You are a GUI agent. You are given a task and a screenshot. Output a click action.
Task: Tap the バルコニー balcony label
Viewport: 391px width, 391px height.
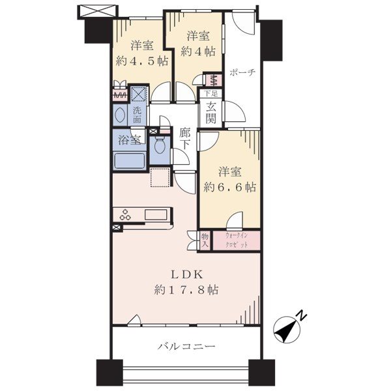pos(186,347)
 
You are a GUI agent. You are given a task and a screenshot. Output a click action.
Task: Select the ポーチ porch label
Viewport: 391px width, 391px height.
pos(242,72)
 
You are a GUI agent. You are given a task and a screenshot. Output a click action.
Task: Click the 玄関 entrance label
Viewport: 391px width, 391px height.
pos(211,113)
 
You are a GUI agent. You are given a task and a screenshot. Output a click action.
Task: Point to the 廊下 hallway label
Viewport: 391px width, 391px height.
pos(184,139)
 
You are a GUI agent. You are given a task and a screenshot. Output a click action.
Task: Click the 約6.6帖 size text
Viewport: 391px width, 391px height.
pos(229,187)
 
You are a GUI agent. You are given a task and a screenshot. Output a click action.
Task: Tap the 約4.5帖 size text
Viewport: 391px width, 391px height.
pos(142,61)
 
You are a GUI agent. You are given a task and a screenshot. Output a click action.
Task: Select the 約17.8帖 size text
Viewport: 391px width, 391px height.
pos(186,290)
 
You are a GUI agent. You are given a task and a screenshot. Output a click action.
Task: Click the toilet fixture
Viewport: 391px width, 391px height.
pos(160,145)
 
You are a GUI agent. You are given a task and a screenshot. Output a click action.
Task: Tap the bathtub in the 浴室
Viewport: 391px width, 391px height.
pos(130,161)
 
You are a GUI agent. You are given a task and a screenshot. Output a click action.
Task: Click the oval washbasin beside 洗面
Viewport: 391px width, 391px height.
pos(120,115)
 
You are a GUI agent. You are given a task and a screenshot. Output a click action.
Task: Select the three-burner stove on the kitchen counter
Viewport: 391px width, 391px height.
pos(125,215)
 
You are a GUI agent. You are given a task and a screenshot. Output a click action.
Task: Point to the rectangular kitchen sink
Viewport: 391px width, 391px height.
pos(156,214)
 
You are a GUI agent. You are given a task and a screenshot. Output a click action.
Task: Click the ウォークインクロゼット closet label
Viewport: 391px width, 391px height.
pos(236,240)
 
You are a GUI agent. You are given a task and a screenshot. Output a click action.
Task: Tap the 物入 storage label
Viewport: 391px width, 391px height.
pos(205,240)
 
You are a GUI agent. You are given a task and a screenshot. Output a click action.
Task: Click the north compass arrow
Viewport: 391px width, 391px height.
pos(287,330)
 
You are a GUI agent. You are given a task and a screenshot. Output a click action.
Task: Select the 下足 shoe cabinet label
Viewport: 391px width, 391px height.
pos(211,94)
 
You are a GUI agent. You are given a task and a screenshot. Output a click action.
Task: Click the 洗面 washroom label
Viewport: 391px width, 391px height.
pos(137,115)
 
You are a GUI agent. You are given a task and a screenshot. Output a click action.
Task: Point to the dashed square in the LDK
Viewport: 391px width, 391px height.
pos(160,177)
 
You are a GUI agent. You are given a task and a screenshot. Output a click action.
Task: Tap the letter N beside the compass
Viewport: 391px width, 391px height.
pos(302,315)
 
